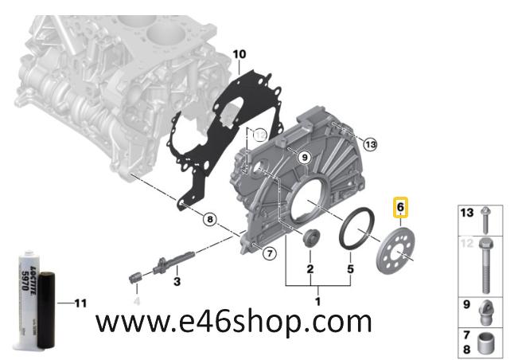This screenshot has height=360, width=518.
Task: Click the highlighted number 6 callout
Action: [401, 208]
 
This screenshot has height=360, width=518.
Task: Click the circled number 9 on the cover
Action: [302, 158]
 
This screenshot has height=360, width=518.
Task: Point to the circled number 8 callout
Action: [209, 218]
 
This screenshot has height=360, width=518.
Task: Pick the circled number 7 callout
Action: [270, 254]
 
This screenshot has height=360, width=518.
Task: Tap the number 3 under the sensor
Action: [177, 281]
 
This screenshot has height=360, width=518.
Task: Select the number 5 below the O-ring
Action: [349, 269]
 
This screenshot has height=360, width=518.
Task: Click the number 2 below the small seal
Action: [310, 269]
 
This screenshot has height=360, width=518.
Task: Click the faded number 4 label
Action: [135, 301]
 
